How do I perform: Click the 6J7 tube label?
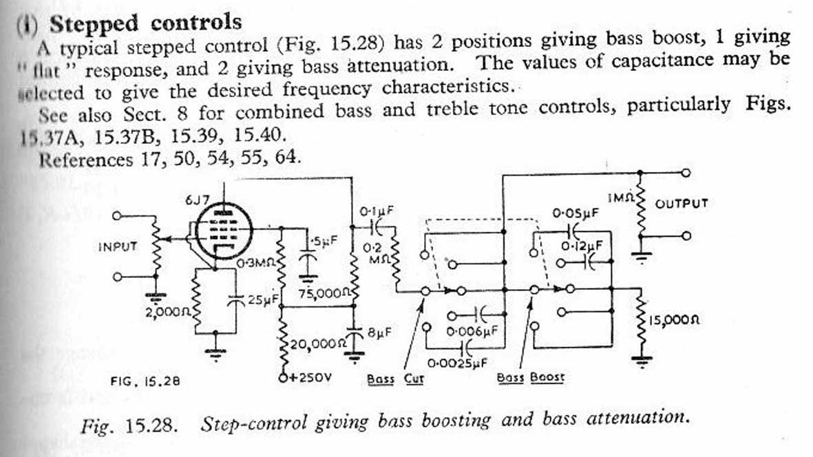tap(197, 200)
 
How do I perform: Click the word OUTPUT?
tap(682, 204)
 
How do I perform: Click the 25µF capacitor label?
tap(261, 300)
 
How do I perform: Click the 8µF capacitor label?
tap(379, 332)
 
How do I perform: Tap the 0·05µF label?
tap(576, 214)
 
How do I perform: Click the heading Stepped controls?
tap(145, 23)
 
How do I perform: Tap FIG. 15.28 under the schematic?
tap(145, 380)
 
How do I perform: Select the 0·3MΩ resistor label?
tap(256, 263)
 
